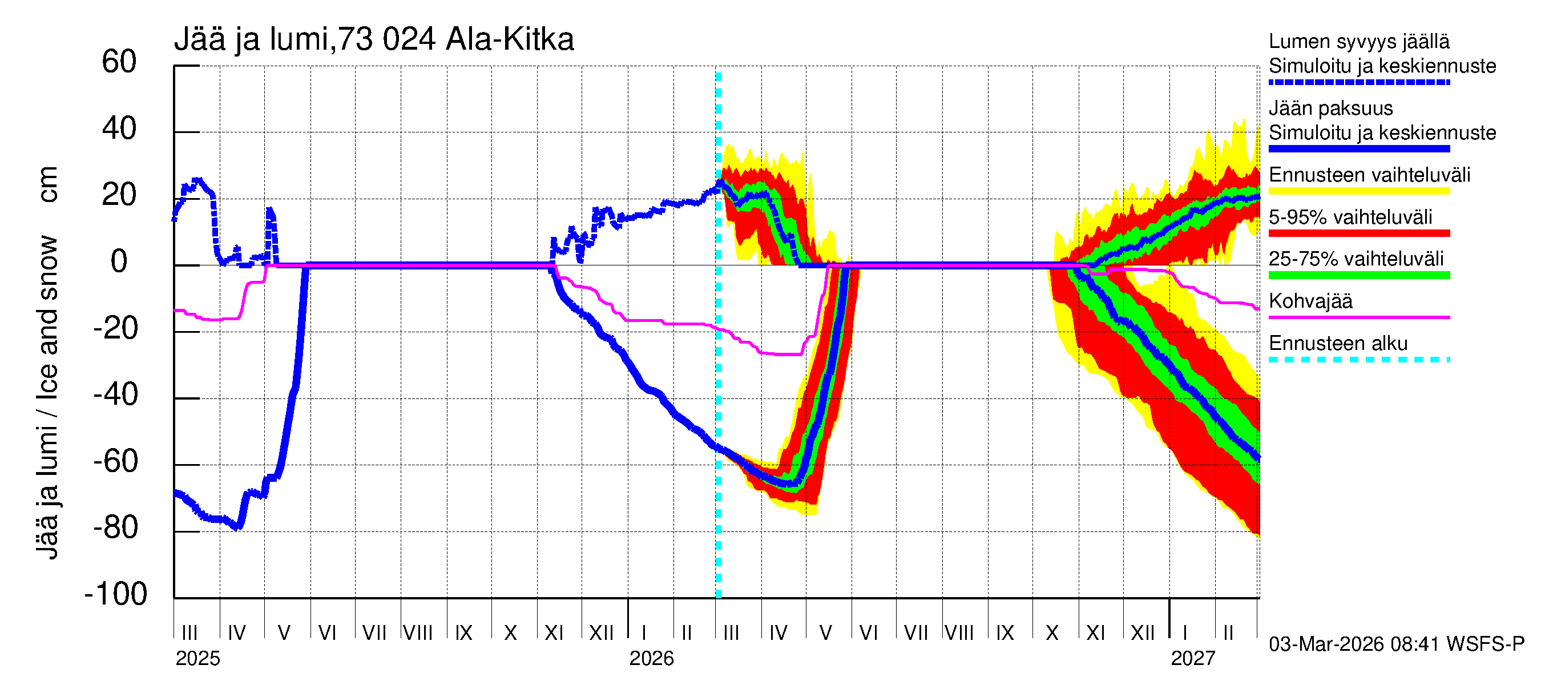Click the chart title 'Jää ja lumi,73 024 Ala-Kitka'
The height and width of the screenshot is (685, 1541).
374,39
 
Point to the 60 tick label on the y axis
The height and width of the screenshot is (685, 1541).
119,62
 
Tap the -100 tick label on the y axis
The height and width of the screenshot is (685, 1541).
116,594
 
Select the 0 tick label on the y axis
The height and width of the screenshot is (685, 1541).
119,261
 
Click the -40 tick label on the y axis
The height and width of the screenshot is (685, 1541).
116,395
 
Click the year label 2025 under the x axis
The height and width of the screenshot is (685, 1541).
197,659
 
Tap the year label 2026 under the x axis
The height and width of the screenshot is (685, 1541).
651,659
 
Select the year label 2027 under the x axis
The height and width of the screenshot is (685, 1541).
1193,659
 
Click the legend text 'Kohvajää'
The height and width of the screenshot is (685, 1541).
1310,301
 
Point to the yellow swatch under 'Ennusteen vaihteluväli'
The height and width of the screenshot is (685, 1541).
1358,191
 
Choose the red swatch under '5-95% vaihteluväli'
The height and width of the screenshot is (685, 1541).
1358,233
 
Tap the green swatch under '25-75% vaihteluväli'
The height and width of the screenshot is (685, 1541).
1358,275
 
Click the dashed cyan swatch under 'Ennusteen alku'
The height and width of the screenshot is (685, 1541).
1358,360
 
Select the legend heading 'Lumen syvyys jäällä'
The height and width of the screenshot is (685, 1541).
1358,41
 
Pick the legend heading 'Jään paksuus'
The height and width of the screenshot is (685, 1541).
1330,108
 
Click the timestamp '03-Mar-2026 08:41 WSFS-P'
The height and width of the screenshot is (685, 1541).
1396,644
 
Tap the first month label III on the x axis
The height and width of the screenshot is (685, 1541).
189,633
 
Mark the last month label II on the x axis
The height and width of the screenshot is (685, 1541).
1228,633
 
